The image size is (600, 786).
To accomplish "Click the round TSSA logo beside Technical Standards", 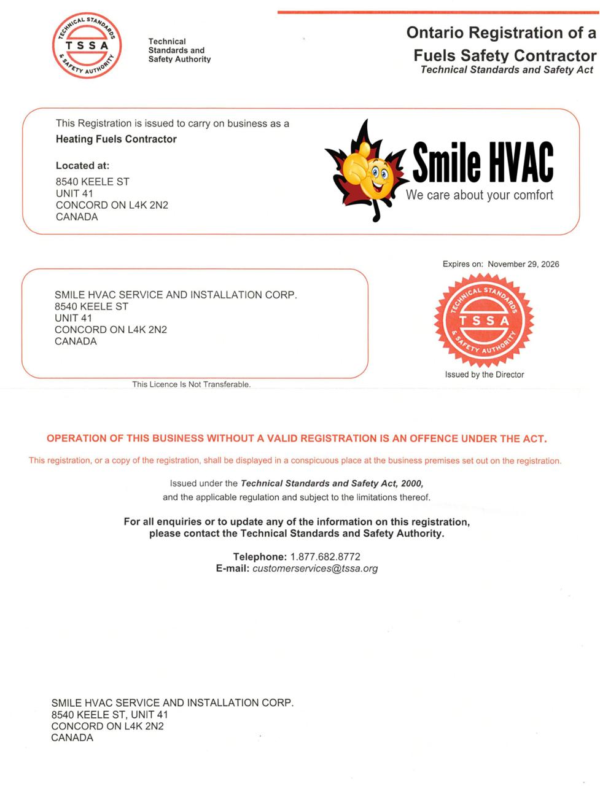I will pos(87,45).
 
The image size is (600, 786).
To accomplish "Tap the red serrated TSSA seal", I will pos(484,320).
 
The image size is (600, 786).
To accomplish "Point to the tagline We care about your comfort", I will pos(480,195).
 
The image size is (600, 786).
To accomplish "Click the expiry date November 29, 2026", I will pos(523,264).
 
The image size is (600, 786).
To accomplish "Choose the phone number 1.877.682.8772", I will pos(325,556).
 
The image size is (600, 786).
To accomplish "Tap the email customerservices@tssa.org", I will pos(315,569).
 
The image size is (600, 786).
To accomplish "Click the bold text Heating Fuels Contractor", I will pos(116,139).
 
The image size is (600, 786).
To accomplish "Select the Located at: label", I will pos(82,165).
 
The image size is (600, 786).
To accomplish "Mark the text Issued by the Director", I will pos(485,375).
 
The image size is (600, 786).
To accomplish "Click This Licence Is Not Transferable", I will pos(191,384).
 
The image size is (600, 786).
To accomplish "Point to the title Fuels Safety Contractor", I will pos(504,55).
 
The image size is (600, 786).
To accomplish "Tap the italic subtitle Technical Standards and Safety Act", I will pos(507,70).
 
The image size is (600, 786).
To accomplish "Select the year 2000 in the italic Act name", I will pos(411,483).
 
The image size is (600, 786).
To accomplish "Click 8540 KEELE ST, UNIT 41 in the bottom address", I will pos(109,715).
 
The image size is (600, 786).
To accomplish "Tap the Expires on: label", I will pos(462,264).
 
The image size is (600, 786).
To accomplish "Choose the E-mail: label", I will pos(233,569).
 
